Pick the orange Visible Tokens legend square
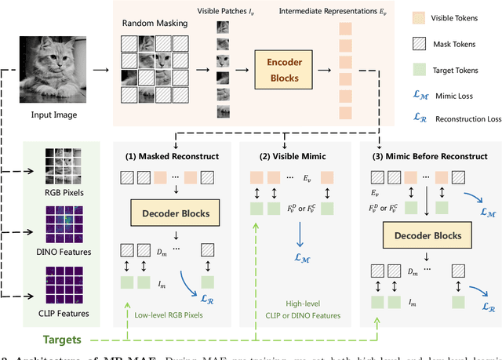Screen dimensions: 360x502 tap(419, 16)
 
